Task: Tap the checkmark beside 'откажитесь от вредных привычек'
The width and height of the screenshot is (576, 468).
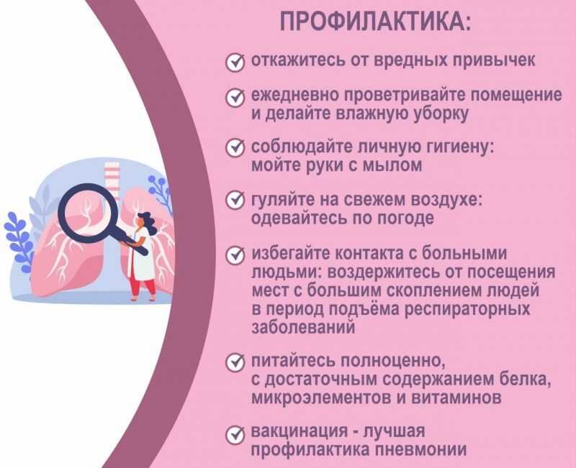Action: pyautogui.click(x=235, y=62)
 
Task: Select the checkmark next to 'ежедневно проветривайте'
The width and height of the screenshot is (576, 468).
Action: pyautogui.click(x=235, y=97)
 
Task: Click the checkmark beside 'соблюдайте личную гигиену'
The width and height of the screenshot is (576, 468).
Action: pyautogui.click(x=235, y=148)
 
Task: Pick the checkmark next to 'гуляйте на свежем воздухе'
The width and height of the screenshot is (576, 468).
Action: pyautogui.click(x=235, y=200)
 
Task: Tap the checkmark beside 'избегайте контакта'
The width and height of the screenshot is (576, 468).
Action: pyautogui.click(x=235, y=255)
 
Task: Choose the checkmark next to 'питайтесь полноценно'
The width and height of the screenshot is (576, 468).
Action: pyautogui.click(x=235, y=362)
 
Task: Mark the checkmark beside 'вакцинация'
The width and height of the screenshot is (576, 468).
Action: pyautogui.click(x=235, y=435)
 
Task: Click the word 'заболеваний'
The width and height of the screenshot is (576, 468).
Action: pyautogui.click(x=303, y=327)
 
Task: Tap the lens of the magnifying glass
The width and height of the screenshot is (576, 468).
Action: pyautogui.click(x=87, y=214)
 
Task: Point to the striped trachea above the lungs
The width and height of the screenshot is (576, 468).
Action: pyautogui.click(x=112, y=175)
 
